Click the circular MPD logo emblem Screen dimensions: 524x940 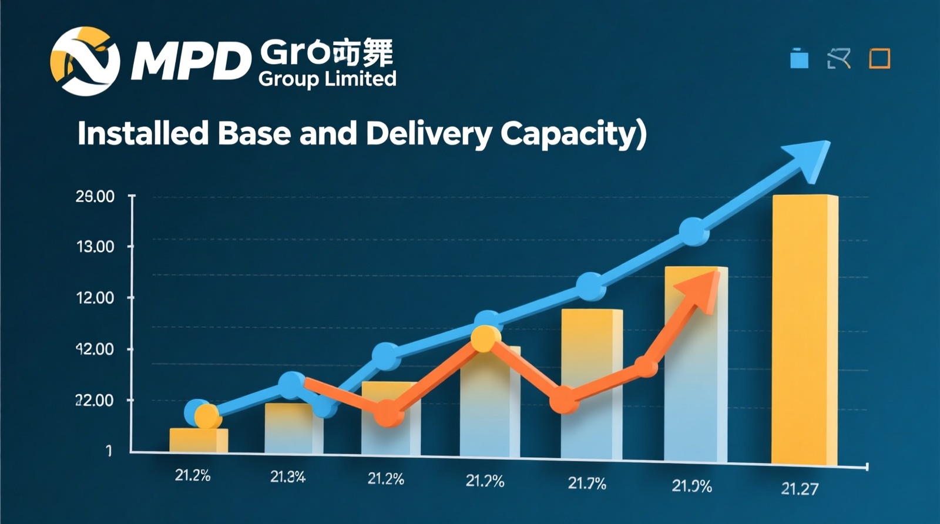coord(85,61)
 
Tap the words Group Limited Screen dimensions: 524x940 coord(327,79)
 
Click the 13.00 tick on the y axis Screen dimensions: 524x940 coord(95,247)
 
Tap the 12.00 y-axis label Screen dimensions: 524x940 coord(95,298)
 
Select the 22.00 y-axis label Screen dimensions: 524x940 coord(95,401)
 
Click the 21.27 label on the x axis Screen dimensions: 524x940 coord(799,489)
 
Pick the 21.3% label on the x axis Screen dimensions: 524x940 coord(288,477)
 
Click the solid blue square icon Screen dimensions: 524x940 coord(799,59)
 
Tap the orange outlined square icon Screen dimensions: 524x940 coord(879,59)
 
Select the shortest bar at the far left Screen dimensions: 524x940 coord(199,440)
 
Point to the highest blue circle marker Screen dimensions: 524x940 coord(694,231)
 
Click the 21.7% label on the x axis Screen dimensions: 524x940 coord(586,483)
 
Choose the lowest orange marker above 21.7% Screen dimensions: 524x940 coord(564,400)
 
